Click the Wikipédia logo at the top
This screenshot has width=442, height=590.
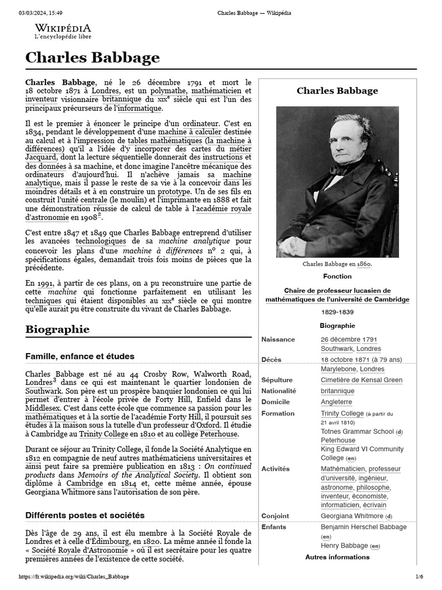(x=62, y=31)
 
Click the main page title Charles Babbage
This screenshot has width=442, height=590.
(x=92, y=58)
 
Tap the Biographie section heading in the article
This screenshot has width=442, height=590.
(x=58, y=330)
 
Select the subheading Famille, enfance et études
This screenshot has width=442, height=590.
(x=80, y=357)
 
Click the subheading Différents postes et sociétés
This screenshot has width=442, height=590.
(x=85, y=515)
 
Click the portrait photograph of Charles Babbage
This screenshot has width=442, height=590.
(x=337, y=181)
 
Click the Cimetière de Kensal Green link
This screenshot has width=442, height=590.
(x=361, y=380)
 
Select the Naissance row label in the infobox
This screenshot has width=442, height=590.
(x=278, y=339)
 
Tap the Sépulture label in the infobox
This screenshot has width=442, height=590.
(x=277, y=380)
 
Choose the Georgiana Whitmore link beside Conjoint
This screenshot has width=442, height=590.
(x=352, y=516)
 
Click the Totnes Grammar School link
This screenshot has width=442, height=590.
(x=357, y=431)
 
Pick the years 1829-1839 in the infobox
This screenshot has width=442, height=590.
(x=337, y=312)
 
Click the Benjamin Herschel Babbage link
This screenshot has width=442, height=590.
(x=363, y=527)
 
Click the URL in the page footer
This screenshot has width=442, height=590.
(x=74, y=577)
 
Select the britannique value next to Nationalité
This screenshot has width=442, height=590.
(x=337, y=391)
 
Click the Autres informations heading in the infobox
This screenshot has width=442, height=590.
(x=337, y=557)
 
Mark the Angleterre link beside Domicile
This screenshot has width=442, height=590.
(x=336, y=402)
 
